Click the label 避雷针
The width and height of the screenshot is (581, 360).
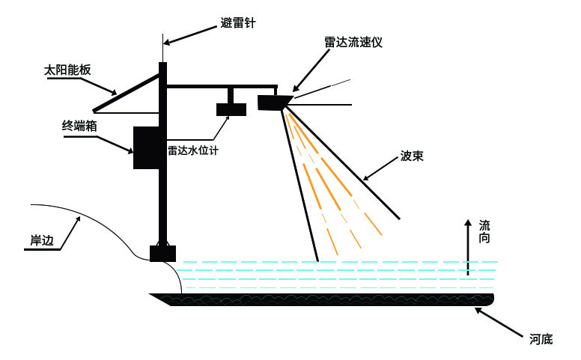tap(237, 23)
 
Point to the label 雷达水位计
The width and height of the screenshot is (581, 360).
tap(193, 150)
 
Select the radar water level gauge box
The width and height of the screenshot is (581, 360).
tap(231, 109)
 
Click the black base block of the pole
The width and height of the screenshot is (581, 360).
tap(162, 253)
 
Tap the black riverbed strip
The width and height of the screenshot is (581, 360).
tap(322, 299)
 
